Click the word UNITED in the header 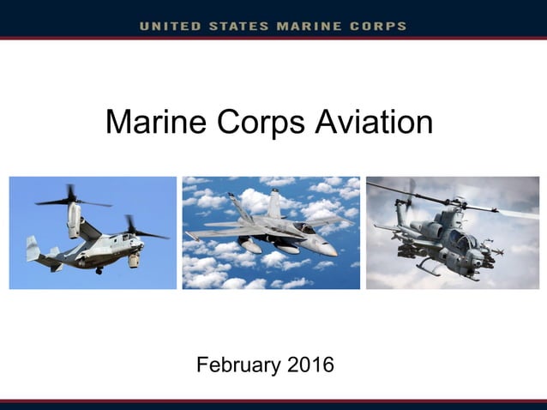[171, 26]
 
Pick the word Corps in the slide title [252, 122]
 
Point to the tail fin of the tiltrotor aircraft [33, 248]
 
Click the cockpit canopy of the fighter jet [304, 228]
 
